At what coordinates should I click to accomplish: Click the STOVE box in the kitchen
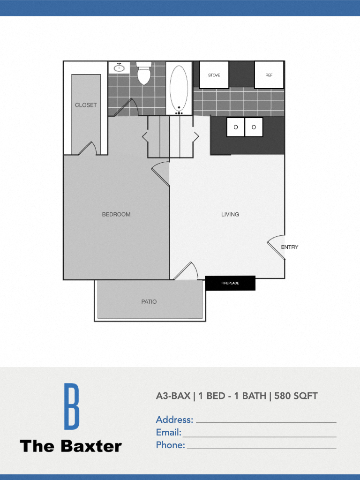click(214, 75)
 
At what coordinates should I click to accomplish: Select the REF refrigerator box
click(269, 75)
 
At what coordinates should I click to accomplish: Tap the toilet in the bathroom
click(143, 74)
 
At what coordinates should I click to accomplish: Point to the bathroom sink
click(119, 67)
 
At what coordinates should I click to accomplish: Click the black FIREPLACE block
click(230, 283)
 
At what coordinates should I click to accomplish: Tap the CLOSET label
click(86, 105)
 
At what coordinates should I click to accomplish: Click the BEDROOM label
click(116, 214)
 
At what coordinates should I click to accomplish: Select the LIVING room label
click(230, 214)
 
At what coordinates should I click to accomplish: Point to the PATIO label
click(149, 301)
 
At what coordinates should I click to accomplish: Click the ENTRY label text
click(290, 247)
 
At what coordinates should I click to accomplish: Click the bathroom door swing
click(126, 108)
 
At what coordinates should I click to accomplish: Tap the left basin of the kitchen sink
click(236, 127)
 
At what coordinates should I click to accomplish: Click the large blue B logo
click(71, 406)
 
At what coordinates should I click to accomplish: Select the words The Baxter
click(71, 446)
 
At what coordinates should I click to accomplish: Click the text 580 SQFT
click(296, 396)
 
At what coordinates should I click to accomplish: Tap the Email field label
click(168, 432)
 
